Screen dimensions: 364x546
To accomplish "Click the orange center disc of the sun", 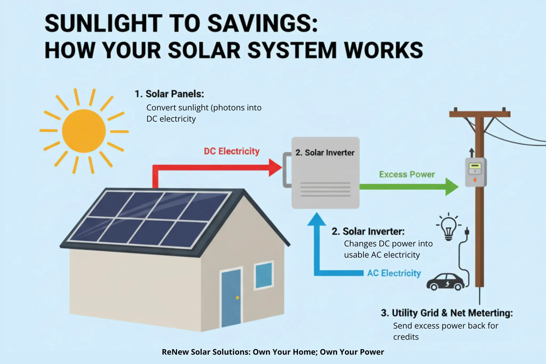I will click(84, 131).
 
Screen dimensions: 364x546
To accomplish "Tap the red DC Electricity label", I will click(231, 151).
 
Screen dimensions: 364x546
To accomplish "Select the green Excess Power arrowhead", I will click(451, 187).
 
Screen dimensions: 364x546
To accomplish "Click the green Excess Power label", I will click(407, 174).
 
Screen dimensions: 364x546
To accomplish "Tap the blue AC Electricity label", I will click(394, 273).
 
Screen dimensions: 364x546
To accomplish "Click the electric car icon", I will click(445, 282).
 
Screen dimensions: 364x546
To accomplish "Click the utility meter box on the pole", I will click(475, 172).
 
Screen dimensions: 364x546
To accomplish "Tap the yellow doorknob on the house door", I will click(237, 298).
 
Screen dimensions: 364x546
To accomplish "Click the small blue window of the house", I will click(264, 275).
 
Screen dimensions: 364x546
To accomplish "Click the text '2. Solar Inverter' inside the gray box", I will click(325, 153).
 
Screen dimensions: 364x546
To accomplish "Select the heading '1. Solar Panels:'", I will click(169, 94).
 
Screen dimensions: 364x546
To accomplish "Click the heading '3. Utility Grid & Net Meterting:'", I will click(447, 313).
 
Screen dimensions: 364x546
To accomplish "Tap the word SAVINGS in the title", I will click(263, 23).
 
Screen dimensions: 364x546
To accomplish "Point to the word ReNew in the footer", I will click(175, 352).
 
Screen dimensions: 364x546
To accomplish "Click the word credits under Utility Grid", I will click(406, 337).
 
